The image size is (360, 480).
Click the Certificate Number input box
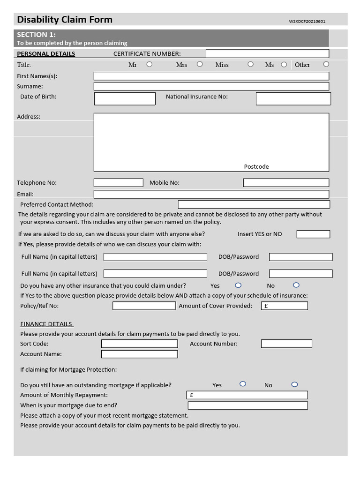(x=267, y=53)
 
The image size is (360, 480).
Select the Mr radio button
(x=149, y=64)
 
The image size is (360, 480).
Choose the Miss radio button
(x=250, y=64)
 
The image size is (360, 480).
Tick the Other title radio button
(x=326, y=64)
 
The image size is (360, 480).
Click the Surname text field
(x=211, y=86)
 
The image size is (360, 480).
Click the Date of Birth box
(x=125, y=98)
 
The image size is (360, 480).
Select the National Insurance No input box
(x=293, y=98)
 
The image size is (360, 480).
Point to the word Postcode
(x=256, y=166)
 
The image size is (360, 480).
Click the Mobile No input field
(x=286, y=183)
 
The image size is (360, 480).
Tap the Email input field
(x=211, y=194)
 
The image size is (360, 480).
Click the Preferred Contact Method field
(x=254, y=204)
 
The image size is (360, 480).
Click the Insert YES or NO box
(x=313, y=234)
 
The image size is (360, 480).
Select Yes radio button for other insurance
(x=238, y=285)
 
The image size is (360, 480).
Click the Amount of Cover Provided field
(x=284, y=306)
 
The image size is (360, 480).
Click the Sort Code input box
(x=139, y=344)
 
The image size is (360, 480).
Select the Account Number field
(x=286, y=344)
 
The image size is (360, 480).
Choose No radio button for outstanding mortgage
(x=294, y=384)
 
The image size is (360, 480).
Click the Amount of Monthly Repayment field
(x=247, y=395)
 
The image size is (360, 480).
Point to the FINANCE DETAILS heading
(x=46, y=324)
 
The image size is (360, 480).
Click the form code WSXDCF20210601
(x=307, y=21)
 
